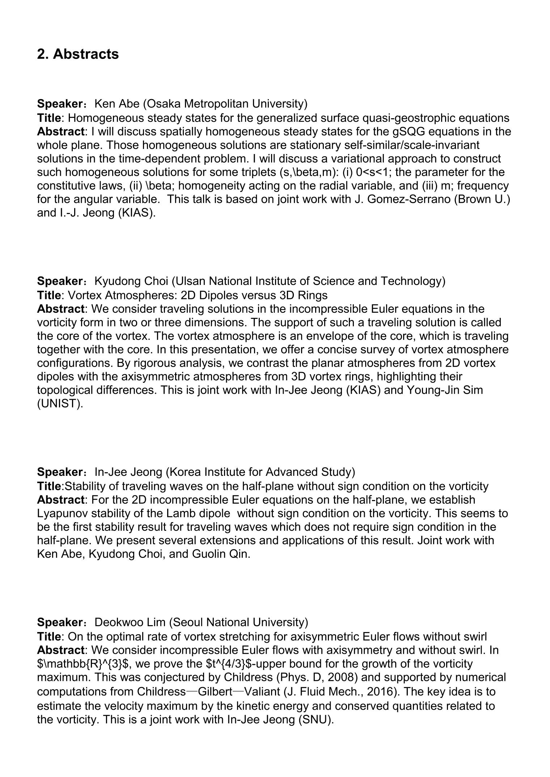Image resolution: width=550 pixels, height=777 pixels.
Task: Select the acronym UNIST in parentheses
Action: point(60,404)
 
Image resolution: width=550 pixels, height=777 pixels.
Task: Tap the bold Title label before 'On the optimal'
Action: point(49,636)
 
